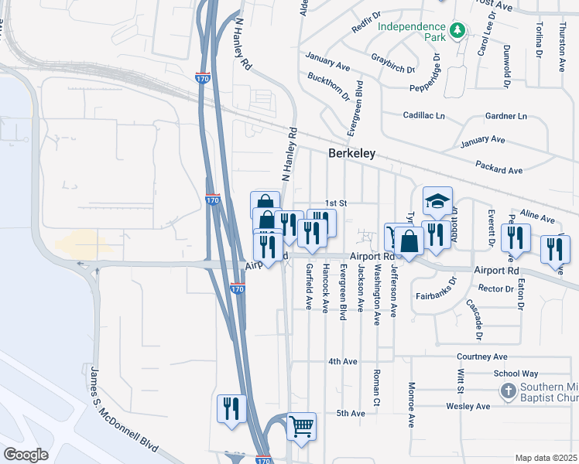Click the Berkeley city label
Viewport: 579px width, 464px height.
click(351, 153)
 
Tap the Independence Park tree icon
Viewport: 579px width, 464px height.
click(458, 30)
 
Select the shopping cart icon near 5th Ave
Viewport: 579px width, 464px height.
click(300, 425)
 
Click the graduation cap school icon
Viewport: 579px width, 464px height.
click(437, 201)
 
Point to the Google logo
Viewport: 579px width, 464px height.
click(26, 454)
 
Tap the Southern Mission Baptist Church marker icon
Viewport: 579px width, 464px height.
click(509, 391)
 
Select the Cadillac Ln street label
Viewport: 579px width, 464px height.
click(424, 115)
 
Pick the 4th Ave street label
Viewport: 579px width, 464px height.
click(342, 361)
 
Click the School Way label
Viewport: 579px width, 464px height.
click(516, 373)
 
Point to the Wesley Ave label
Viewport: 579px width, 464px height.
click(468, 406)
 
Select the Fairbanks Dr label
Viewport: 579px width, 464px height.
click(440, 294)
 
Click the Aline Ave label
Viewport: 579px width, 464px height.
click(537, 215)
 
